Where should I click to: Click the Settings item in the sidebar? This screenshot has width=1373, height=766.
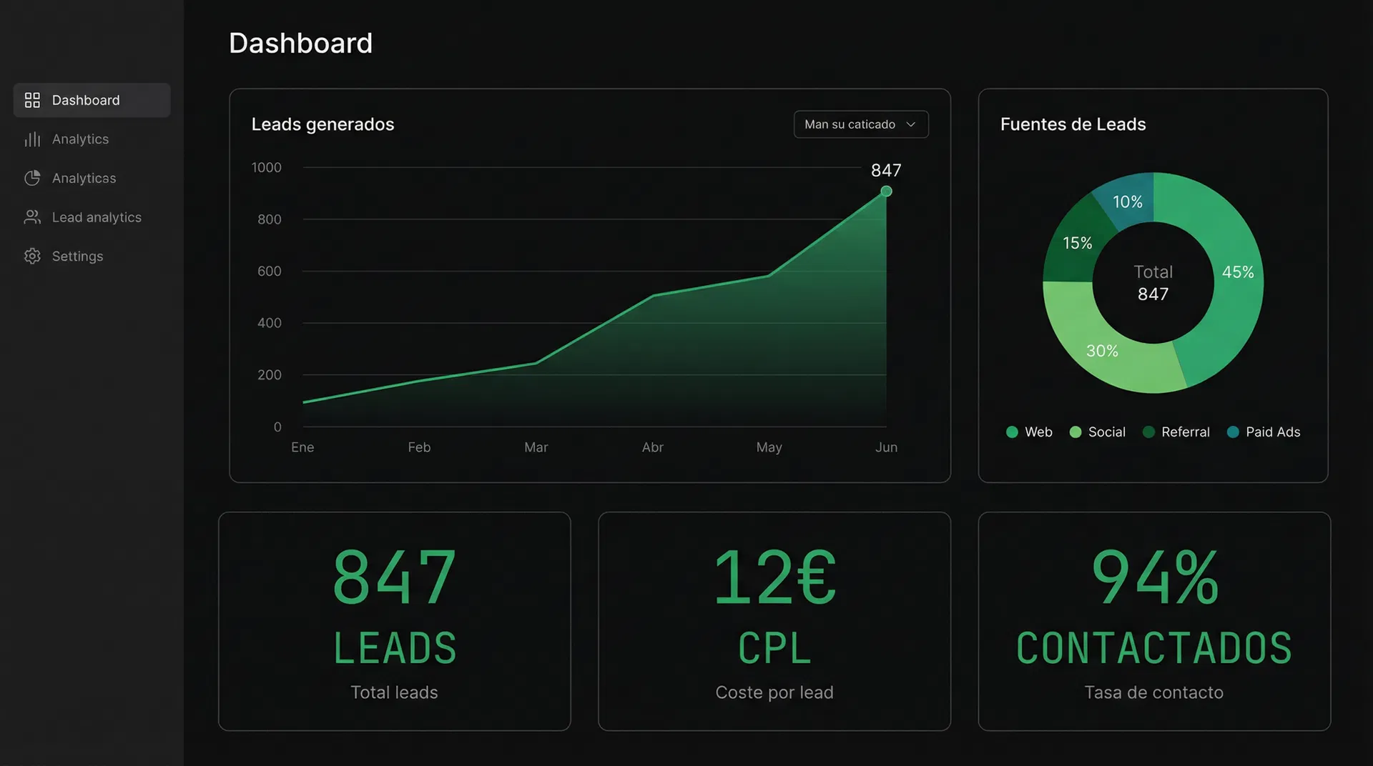pos(77,257)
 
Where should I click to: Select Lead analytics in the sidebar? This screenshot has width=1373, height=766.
pos(96,217)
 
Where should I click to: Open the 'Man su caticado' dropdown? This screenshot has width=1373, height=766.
pos(860,124)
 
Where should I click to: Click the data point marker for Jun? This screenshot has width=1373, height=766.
pos(886,191)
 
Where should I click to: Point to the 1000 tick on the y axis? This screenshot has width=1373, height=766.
pos(266,167)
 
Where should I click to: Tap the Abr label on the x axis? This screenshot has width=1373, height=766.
pos(652,447)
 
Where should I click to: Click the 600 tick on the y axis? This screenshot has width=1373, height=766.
pos(269,272)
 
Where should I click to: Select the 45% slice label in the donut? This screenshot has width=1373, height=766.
pos(1237,272)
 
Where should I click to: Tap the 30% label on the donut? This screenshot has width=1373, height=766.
pos(1102,351)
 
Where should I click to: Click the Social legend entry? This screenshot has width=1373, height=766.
pos(1098,432)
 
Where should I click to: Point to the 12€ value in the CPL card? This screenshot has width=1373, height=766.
pos(774,577)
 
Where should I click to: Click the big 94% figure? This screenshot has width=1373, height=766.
pos(1154,577)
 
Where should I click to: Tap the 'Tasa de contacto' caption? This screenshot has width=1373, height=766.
pos(1153,692)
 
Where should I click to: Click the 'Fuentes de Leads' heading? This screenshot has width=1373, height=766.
pos(1073,124)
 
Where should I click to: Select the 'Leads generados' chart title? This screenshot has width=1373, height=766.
pos(323,124)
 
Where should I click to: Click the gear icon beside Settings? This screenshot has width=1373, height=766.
pos(32,257)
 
